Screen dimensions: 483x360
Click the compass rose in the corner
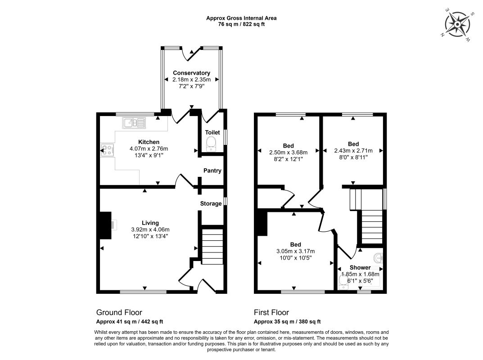point(457,24)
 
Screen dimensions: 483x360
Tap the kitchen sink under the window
point(134,123)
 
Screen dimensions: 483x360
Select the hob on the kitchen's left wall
point(108,151)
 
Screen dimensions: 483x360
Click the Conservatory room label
point(191,73)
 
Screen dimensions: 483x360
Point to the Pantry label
point(212,171)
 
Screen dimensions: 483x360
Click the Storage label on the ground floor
point(211,203)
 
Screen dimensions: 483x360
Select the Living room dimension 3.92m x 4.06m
point(150,229)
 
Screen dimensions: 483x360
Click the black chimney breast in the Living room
point(105,225)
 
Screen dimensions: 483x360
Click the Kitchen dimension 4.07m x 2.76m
point(149,149)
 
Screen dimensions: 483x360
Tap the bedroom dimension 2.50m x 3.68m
point(289,153)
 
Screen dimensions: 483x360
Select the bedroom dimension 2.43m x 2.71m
point(353,151)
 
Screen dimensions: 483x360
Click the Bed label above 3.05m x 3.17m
point(295,244)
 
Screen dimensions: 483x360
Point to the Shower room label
point(360,268)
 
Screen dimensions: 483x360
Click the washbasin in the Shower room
point(378,258)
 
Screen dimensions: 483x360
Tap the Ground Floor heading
point(119,313)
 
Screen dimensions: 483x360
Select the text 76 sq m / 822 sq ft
point(241,24)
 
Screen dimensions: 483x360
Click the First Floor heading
point(271,313)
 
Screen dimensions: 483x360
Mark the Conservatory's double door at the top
point(191,54)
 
